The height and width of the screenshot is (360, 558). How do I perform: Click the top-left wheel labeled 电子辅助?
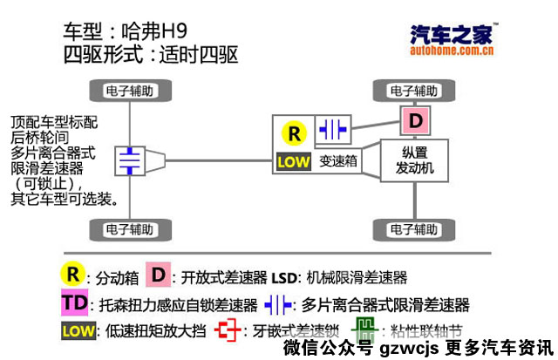130,90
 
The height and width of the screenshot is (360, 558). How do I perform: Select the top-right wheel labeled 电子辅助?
414,90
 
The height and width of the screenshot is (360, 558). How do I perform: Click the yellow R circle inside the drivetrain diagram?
294,133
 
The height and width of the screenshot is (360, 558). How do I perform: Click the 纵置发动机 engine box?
414,160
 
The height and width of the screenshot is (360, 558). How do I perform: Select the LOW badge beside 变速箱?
293,161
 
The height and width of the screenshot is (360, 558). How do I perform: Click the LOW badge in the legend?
78,331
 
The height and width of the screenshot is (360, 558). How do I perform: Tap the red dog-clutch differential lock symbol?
228,330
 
